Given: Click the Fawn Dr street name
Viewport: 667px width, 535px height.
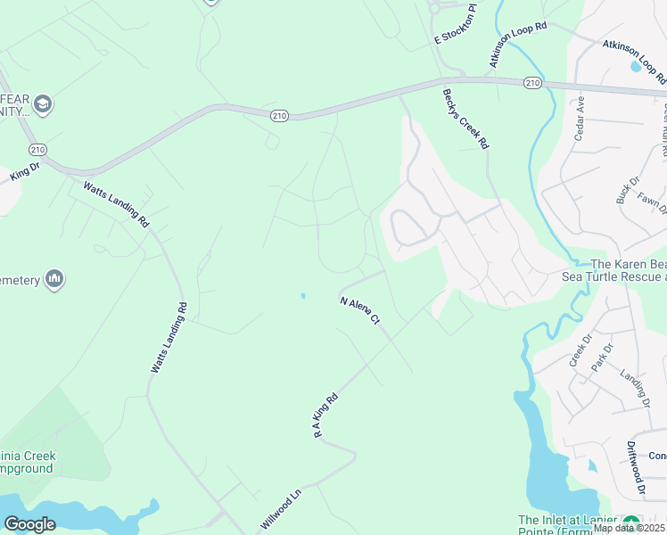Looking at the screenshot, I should point(653,202).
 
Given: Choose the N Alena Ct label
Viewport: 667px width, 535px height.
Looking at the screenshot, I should point(360,310).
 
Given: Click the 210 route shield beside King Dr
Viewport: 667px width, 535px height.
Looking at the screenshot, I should point(37,149).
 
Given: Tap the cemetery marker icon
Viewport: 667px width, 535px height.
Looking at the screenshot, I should point(54,280).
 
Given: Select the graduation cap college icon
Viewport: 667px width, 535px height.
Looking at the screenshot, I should point(42,105).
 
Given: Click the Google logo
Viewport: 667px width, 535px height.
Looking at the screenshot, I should point(29,523).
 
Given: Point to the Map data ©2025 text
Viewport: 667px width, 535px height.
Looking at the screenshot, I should point(629,528).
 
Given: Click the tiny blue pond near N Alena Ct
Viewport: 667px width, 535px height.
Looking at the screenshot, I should point(303,296).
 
